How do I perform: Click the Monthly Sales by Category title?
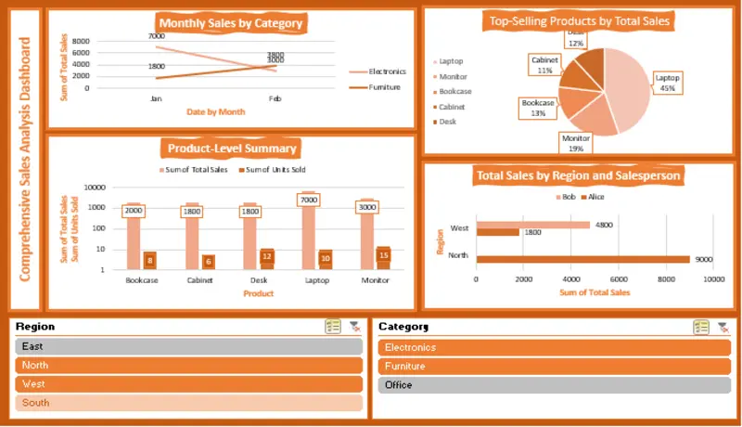coord(231,23)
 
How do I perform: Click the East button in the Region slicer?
coord(187,346)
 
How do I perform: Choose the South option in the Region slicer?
coord(187,403)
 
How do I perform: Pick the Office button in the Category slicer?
coord(555,384)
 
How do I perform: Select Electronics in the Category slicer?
coord(555,347)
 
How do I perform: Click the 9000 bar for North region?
coord(582,260)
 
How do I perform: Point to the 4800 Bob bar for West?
coord(532,225)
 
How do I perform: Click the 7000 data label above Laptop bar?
coord(309,200)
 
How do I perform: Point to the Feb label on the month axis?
coord(275,98)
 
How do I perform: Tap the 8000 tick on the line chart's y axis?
coord(81,42)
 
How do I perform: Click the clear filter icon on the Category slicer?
coord(723,327)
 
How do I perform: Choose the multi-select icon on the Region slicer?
coord(333,327)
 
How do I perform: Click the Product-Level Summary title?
coord(232,149)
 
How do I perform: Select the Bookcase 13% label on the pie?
coord(538,108)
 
